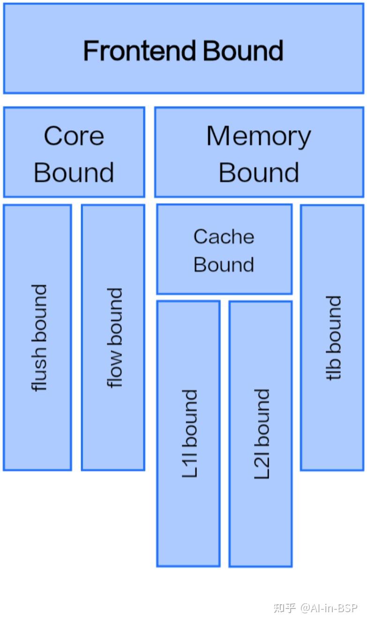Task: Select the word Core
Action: (x=74, y=136)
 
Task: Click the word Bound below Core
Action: (x=74, y=172)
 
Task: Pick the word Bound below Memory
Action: (x=259, y=172)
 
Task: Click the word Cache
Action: (x=224, y=237)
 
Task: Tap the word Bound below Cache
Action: (x=224, y=265)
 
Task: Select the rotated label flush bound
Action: (x=39, y=338)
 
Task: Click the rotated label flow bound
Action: (x=115, y=338)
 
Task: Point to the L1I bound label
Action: (x=189, y=434)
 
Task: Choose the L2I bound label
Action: (x=262, y=434)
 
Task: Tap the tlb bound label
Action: (x=333, y=338)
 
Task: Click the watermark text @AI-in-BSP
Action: (x=329, y=608)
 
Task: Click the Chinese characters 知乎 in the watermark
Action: (x=285, y=608)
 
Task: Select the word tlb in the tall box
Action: (x=333, y=370)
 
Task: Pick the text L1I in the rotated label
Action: (x=189, y=465)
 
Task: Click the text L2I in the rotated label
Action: (x=262, y=466)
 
